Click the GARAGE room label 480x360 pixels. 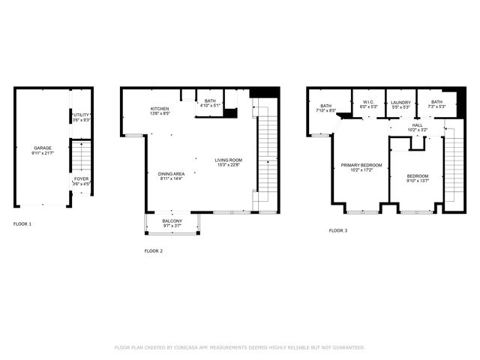(42, 148)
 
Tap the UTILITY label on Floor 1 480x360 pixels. (80, 115)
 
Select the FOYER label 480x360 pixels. (80, 178)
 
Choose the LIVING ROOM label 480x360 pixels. (228, 160)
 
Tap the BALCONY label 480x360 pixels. (172, 220)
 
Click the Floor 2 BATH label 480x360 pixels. (209, 101)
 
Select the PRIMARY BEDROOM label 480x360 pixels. (361, 165)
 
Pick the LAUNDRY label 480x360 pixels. (400, 102)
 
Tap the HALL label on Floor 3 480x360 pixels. (417, 125)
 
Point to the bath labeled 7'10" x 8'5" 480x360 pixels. (326, 106)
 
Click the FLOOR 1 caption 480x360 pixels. (22, 224)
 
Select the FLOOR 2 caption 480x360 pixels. (153, 250)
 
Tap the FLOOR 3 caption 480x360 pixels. (338, 230)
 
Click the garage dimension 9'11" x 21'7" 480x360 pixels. (42, 153)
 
